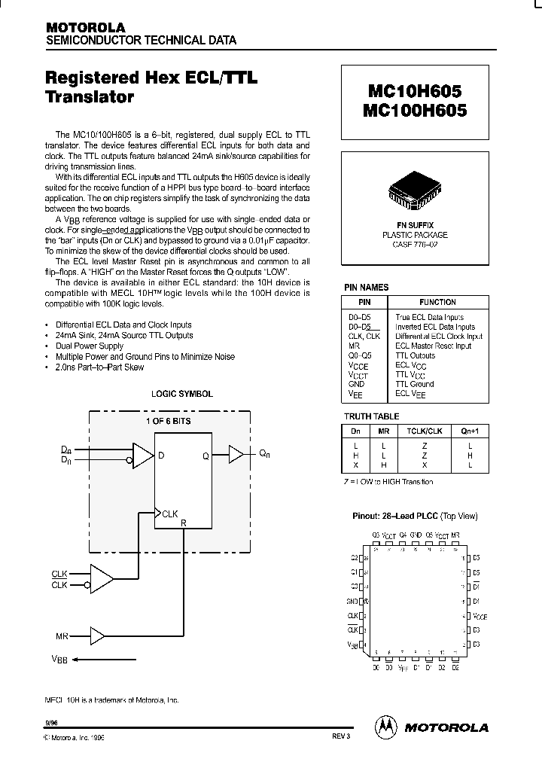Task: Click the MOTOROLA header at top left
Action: [85, 27]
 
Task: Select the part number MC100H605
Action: [415, 110]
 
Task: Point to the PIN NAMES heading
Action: [366, 287]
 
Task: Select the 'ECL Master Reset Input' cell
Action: [434, 346]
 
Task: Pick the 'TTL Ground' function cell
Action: [415, 384]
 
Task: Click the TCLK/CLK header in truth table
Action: [424, 430]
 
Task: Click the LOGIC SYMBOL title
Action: [181, 394]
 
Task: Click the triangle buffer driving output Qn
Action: [236, 454]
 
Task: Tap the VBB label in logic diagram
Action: [59, 660]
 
